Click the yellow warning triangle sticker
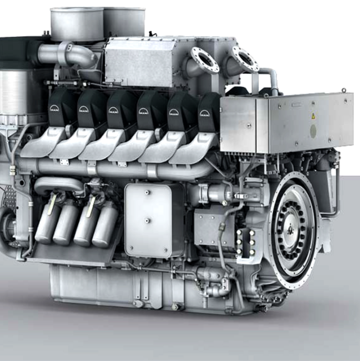tap(313, 116)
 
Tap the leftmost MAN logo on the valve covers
tap(54, 108)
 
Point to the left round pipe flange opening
tap(205, 60)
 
